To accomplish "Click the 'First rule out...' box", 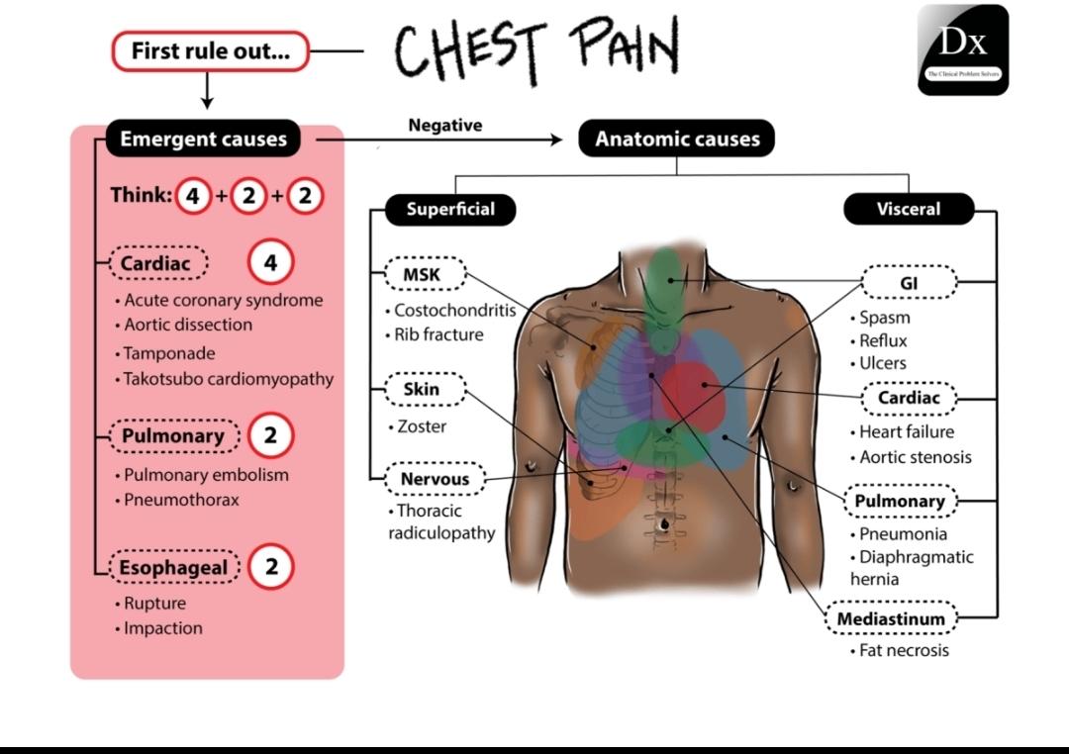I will pos(210,51).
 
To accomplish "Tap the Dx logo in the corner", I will pos(962,49).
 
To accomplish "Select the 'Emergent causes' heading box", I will pos(203,140).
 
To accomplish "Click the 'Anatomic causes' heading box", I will pos(677,140).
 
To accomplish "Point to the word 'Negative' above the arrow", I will pos(444,125).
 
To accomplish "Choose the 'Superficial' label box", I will pos(449,210).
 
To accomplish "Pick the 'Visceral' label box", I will pos(908,210).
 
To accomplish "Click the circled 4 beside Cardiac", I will pos(270,263).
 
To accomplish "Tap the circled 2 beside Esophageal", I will pos(271,567).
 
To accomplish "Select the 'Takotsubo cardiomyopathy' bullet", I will pos(228,379).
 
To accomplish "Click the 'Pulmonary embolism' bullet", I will pos(206,475).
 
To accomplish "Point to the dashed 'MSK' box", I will pos(422,274).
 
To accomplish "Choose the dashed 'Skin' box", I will pos(422,389).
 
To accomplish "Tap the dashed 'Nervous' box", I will pos(435,479).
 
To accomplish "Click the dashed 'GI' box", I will pos(909,282).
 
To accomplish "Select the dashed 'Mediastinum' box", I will pos(891,619).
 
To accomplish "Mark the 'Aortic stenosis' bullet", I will pos(915,457).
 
